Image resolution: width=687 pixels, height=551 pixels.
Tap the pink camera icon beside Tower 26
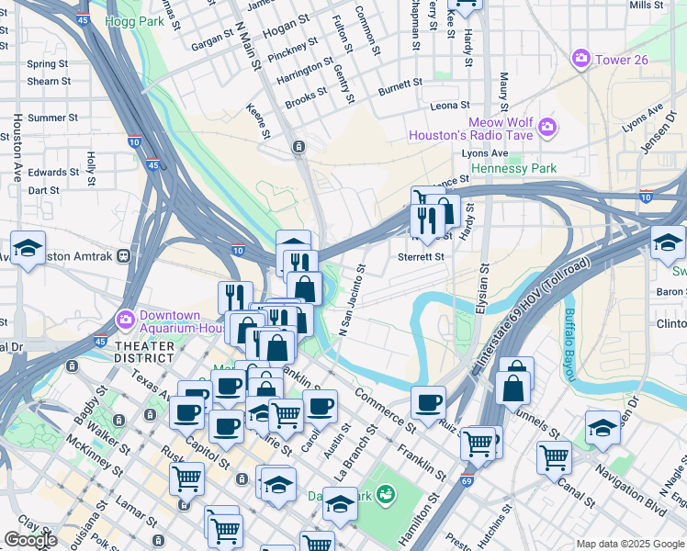580,60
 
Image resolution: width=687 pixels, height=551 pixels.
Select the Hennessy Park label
513,169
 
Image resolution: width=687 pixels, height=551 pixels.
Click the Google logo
30,540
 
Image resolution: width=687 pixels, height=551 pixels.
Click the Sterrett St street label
422,257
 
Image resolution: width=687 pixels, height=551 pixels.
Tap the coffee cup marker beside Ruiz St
428,401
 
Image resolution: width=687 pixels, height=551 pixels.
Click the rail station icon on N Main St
298,147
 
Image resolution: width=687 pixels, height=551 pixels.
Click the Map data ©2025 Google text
630,543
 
